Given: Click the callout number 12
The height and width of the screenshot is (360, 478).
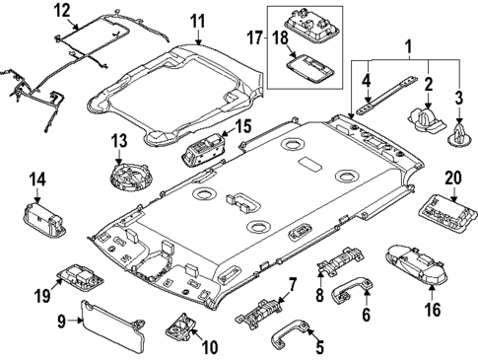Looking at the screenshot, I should [61, 11].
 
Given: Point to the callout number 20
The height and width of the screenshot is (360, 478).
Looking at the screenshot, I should [453, 179].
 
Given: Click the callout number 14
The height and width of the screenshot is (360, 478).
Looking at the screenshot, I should [36, 180].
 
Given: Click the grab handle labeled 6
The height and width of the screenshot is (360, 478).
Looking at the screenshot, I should [353, 289].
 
